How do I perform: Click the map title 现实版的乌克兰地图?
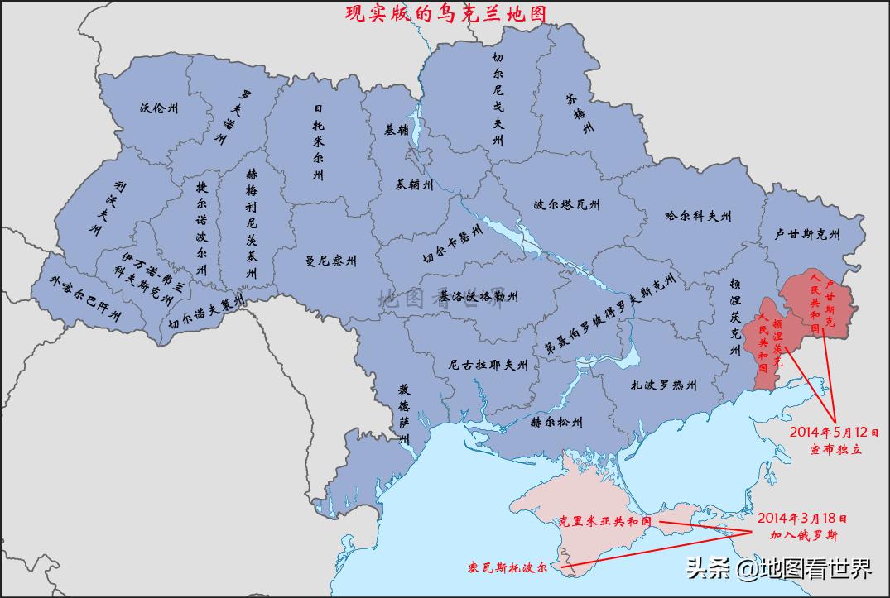(446, 13)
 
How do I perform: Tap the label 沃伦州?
(158, 108)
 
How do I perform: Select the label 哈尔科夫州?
(699, 217)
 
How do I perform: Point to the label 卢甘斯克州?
(807, 235)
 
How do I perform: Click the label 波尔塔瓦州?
(567, 205)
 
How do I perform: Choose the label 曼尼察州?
(330, 261)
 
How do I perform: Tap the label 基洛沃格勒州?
(479, 296)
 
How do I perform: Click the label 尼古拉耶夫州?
(488, 364)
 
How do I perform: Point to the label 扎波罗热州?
(663, 385)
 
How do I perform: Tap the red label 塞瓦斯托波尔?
(508, 569)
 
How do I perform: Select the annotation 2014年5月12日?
(834, 432)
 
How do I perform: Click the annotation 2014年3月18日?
(802, 519)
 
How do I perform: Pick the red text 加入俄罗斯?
(802, 535)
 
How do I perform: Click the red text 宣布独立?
(835, 449)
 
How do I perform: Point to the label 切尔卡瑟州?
(452, 242)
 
